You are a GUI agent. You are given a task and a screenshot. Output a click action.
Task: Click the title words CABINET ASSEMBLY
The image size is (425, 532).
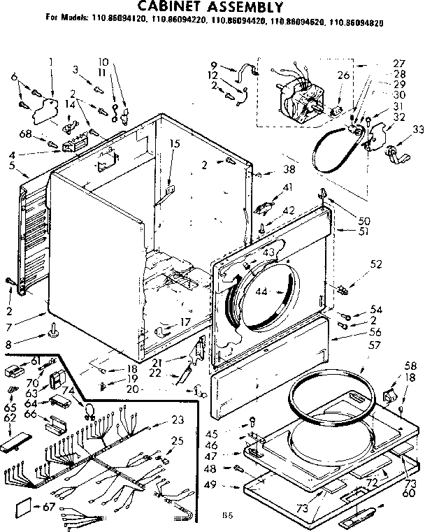202,8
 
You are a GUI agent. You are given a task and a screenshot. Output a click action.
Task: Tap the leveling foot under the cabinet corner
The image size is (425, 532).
52,330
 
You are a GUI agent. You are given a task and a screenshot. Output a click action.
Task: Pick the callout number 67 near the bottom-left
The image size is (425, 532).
48,506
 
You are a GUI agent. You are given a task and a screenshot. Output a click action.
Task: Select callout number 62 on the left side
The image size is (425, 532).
9,419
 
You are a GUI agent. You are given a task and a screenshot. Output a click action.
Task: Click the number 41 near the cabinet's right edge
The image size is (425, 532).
287,187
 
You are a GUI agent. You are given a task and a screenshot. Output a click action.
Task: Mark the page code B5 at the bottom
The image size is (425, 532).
226,515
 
